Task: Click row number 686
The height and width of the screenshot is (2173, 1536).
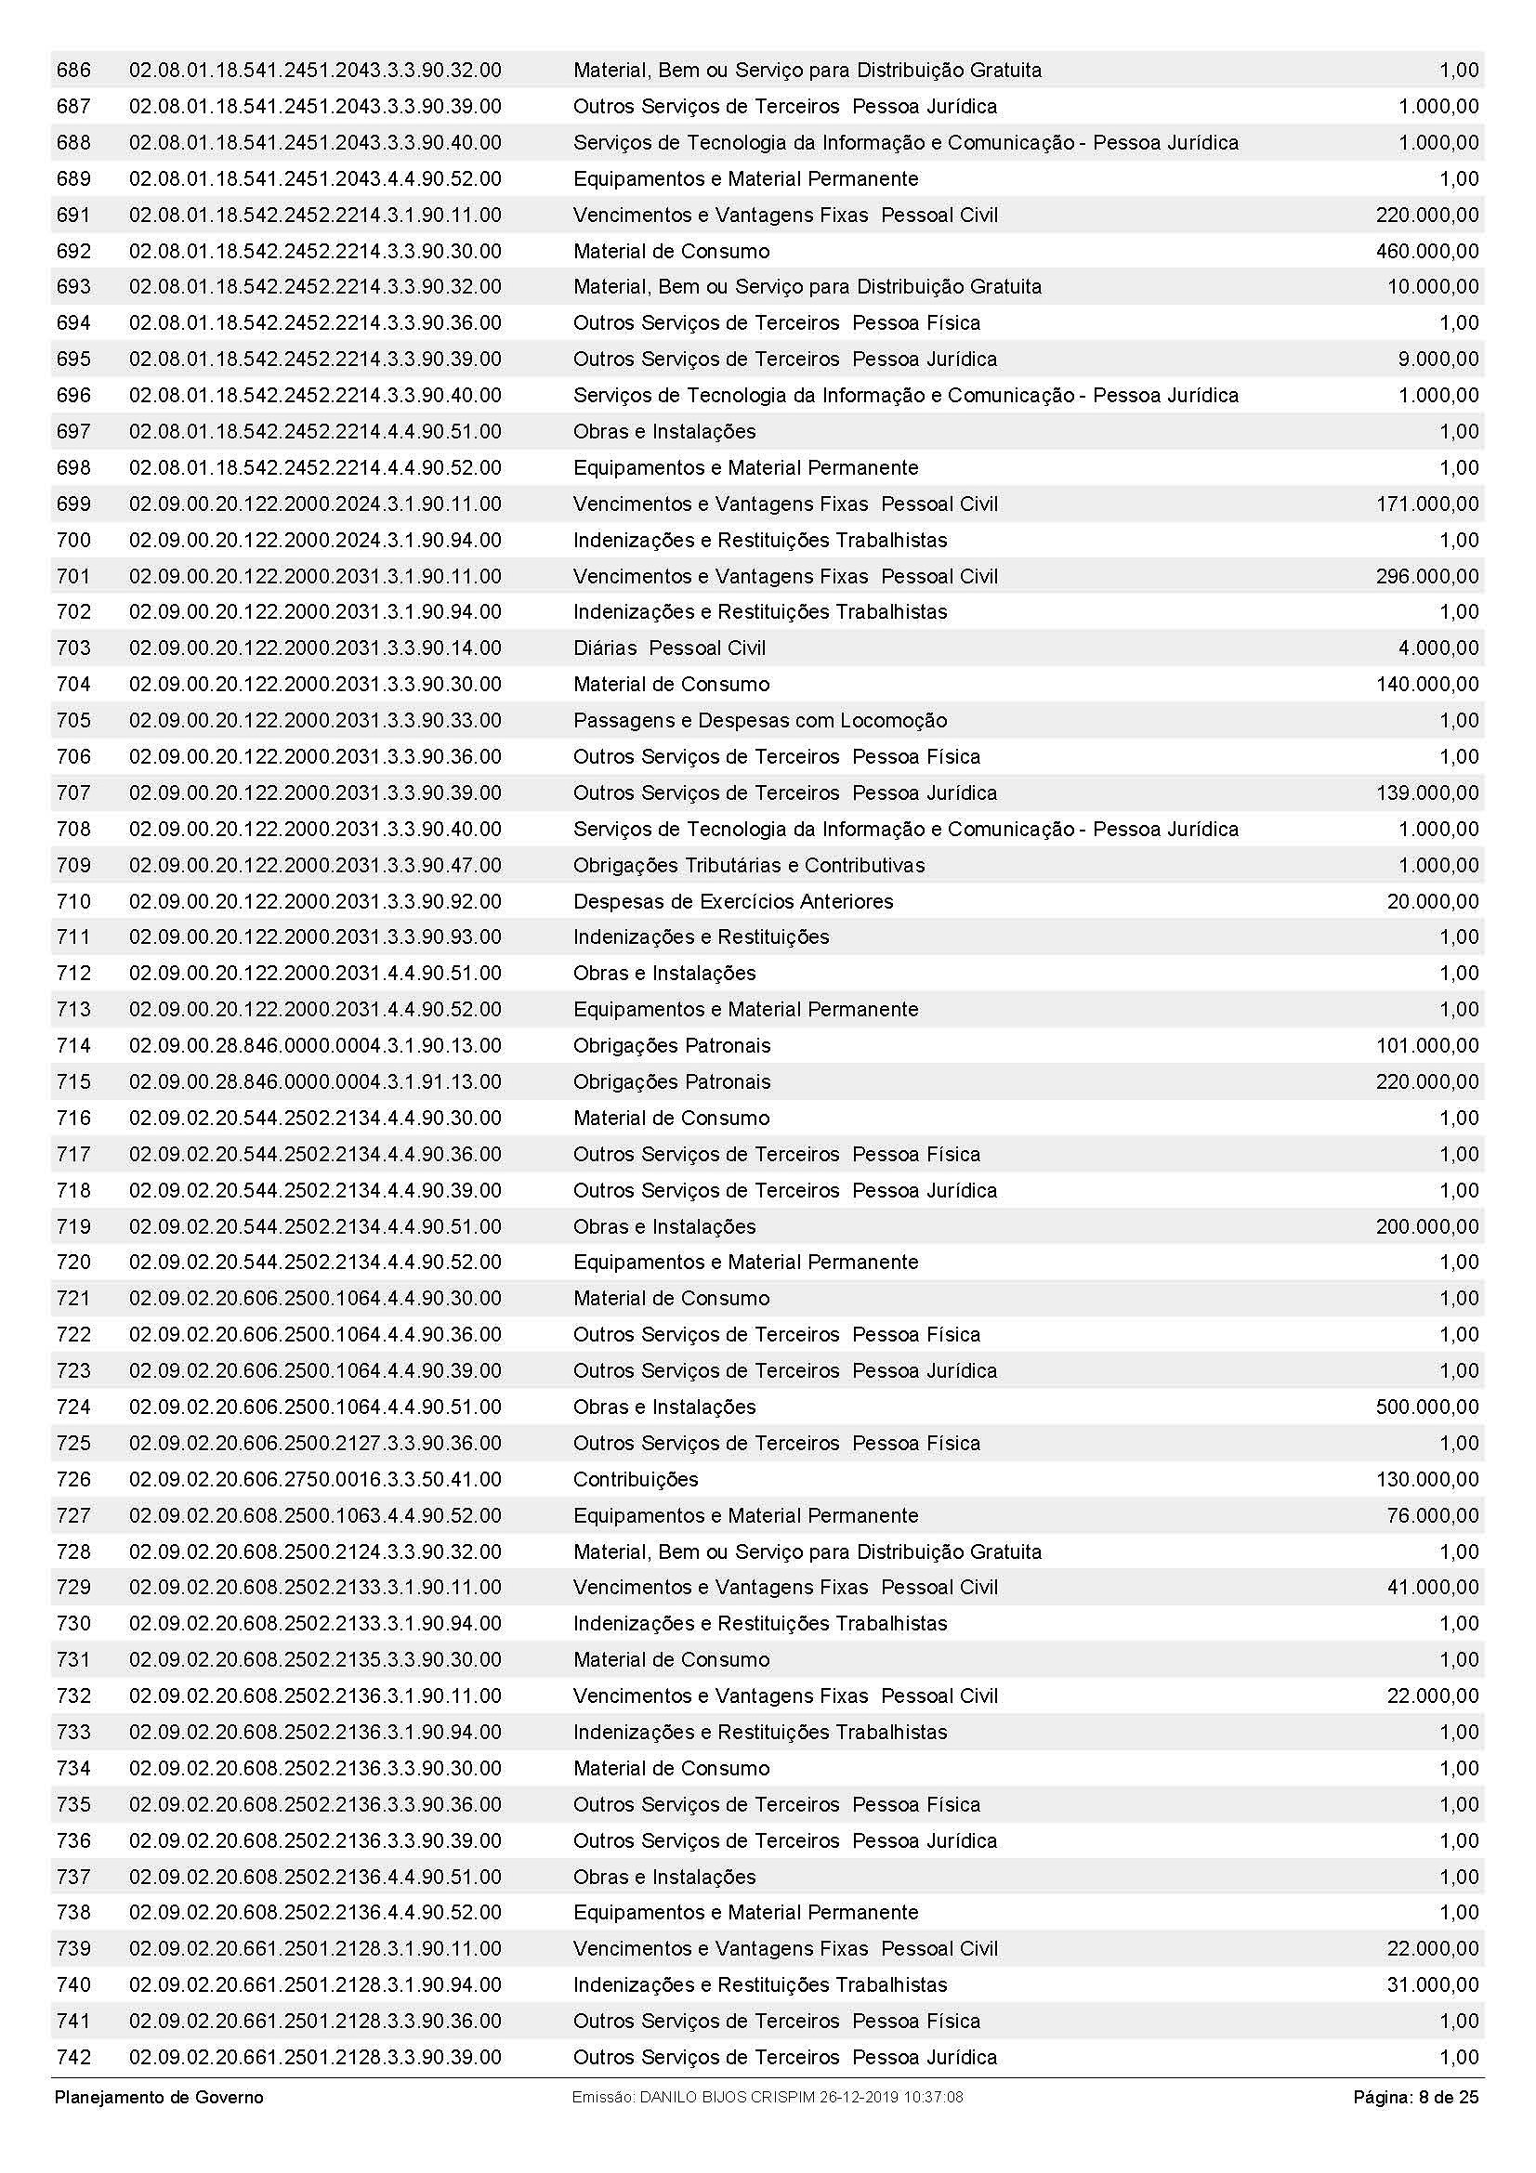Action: coord(73,70)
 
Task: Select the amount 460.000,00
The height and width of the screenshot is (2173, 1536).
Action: coord(1426,251)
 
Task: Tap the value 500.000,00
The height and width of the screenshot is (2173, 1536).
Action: coord(1426,1407)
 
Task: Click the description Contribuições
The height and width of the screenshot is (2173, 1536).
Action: coord(635,1479)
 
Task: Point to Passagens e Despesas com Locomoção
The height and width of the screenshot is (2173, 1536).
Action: coord(759,720)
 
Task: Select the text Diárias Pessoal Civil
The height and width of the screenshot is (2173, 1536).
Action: coord(669,648)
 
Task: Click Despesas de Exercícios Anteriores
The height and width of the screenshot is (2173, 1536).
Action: coord(732,901)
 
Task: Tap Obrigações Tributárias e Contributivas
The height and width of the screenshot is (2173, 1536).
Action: coord(749,865)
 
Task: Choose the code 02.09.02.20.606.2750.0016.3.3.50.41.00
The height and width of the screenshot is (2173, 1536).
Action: coord(315,1479)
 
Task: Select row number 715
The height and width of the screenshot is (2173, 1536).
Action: coord(73,1081)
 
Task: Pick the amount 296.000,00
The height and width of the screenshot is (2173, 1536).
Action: coord(1426,576)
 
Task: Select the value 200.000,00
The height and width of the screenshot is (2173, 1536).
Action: coord(1426,1226)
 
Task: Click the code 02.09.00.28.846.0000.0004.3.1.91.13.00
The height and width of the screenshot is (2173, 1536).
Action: coord(315,1081)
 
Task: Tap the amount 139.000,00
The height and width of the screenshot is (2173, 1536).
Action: coord(1426,793)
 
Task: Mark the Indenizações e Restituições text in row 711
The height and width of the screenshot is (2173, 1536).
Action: coord(701,937)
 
